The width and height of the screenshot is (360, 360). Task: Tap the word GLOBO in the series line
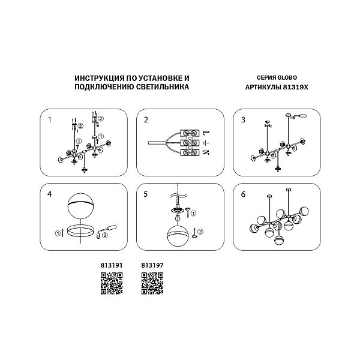coord(287,78)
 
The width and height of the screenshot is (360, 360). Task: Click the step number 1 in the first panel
coord(50,120)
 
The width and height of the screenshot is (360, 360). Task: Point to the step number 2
coord(146,120)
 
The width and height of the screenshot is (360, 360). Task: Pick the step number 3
coord(243,120)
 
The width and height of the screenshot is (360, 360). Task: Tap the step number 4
coord(50,194)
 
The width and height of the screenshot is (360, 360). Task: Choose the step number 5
coord(146,194)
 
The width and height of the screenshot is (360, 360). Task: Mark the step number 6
coord(243,194)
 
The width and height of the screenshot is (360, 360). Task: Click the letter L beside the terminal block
coord(206,133)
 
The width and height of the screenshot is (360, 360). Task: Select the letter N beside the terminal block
coord(206,152)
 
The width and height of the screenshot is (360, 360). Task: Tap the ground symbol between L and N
coord(206,143)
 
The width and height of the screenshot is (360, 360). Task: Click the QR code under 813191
coord(112,283)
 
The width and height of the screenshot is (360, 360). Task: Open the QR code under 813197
coord(152,283)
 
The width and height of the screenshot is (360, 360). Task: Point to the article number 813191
coord(112,265)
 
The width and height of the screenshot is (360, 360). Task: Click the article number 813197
coord(152,265)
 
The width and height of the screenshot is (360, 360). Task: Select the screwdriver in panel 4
coord(109,229)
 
